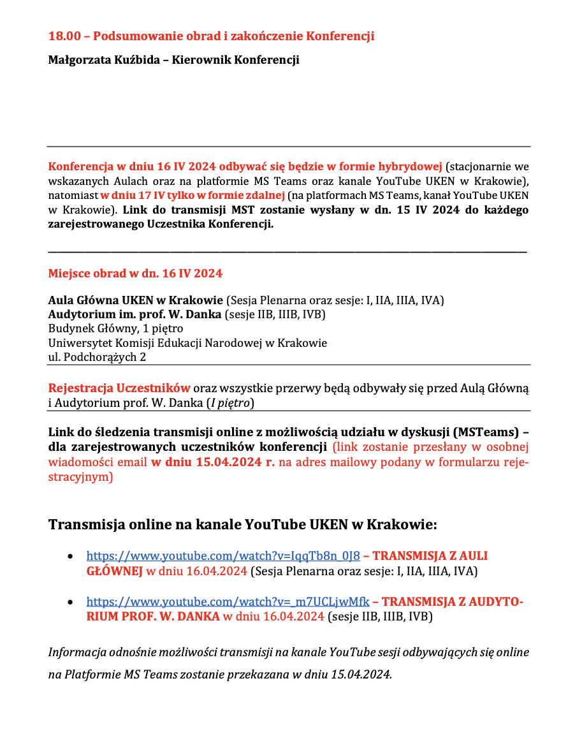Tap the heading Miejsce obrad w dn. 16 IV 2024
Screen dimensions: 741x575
point(135,274)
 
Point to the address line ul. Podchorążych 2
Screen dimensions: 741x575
point(97,357)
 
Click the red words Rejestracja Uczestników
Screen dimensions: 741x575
point(119,388)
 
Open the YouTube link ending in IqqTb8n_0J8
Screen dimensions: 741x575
point(223,556)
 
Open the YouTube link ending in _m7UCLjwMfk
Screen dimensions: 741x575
point(228,601)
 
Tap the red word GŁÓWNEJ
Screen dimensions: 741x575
point(114,571)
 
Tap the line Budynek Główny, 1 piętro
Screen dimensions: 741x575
point(115,329)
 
